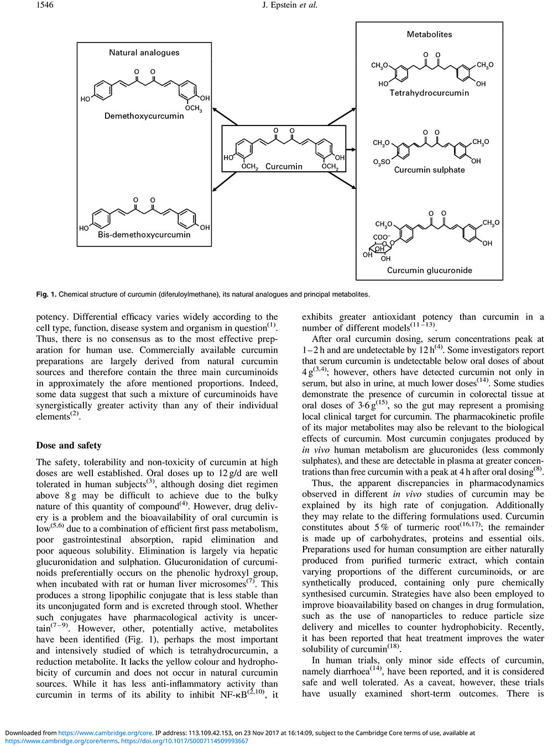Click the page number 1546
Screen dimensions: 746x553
(45, 5)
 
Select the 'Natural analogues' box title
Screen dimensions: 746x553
(144, 52)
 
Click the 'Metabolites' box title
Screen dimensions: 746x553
(429, 34)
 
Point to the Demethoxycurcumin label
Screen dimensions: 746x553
(144, 116)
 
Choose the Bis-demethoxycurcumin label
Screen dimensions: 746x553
(144, 234)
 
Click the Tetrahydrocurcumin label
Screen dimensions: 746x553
(429, 93)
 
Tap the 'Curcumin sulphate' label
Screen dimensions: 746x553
(429, 170)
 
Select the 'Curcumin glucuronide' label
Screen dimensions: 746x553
(429, 270)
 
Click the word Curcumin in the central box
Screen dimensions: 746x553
(284, 166)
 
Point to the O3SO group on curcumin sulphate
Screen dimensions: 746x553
(381, 162)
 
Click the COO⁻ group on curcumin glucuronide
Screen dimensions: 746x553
(381, 237)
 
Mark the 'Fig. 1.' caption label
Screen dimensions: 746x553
(46, 295)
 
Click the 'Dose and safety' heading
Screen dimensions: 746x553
(69, 445)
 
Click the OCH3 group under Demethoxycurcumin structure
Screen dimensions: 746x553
(194, 109)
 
